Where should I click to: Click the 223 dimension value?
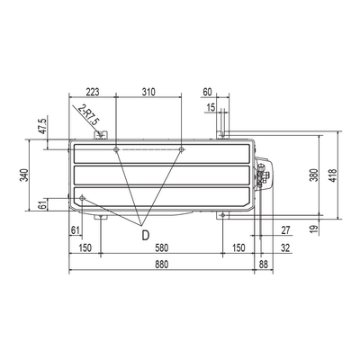93,92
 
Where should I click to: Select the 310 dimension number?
148,92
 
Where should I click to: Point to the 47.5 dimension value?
43,126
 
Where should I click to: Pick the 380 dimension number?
314,175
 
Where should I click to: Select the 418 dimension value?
333,175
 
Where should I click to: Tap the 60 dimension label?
207,92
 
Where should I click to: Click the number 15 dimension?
211,107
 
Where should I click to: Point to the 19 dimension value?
313,229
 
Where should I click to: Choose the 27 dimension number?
286,230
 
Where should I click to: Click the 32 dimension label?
286,248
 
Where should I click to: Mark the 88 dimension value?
263,265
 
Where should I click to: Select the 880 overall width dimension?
162,265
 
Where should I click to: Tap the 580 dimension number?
162,248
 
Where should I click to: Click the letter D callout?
145,236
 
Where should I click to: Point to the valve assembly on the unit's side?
264,174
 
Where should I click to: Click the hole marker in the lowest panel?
82,198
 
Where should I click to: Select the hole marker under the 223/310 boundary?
116,149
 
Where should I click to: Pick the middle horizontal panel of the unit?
162,175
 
